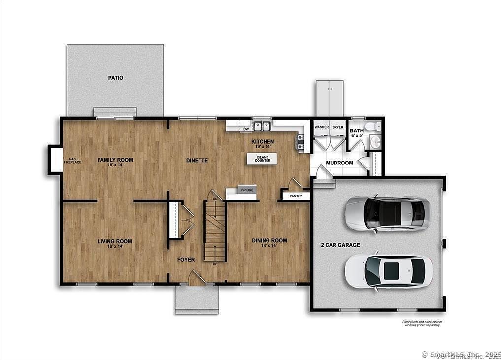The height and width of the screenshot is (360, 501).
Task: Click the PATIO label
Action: (116, 78)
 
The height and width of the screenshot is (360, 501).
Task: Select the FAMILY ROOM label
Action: (115, 160)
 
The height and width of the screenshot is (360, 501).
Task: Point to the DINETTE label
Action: (197, 160)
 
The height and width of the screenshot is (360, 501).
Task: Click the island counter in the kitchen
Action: (262, 159)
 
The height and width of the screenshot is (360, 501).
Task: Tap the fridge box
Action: (247, 190)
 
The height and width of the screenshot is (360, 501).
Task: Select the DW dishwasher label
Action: (246, 129)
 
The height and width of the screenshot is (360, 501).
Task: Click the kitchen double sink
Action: (262, 126)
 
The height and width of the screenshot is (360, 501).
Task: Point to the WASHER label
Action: (321, 127)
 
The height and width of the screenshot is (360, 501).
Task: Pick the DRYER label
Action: (337, 127)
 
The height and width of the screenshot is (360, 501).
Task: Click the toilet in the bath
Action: (377, 127)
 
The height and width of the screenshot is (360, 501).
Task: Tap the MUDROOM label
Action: (339, 163)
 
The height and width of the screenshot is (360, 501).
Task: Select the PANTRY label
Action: (296, 196)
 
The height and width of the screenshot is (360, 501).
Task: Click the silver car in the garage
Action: (384, 213)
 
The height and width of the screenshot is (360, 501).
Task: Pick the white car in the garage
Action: (388, 271)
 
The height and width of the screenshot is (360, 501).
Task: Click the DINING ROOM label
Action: (269, 241)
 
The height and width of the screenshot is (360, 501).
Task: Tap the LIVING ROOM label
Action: (115, 241)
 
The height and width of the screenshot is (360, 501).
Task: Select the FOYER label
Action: (186, 259)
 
